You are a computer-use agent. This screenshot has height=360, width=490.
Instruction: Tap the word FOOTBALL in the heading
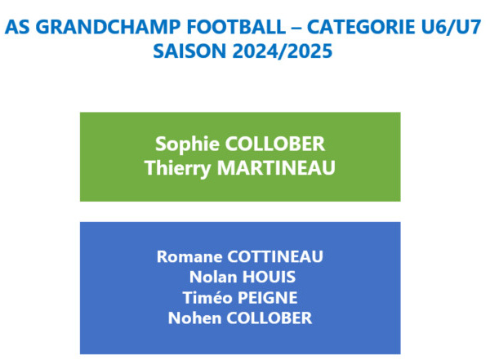(x=236, y=27)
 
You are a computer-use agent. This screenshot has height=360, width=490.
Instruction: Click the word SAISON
(x=189, y=51)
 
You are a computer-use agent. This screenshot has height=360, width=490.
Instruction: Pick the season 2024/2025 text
(x=283, y=51)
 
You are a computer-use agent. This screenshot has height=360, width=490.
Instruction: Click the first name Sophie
(x=187, y=144)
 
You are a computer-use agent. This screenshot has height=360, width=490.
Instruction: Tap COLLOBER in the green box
(x=275, y=144)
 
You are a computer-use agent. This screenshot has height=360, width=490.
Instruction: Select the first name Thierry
(x=177, y=168)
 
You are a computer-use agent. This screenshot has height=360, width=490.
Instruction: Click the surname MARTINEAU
(x=276, y=168)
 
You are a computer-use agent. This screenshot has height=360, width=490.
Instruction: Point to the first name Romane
(x=189, y=257)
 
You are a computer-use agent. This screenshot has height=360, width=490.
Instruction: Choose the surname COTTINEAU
(x=275, y=257)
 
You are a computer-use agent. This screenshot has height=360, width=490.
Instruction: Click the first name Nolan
(x=213, y=278)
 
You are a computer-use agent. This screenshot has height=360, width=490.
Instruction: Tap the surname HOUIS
(x=269, y=278)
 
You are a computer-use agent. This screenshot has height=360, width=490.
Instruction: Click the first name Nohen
(x=194, y=318)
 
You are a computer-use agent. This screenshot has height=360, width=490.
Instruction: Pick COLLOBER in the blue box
(x=269, y=318)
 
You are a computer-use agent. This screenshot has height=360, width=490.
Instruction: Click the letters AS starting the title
(x=19, y=27)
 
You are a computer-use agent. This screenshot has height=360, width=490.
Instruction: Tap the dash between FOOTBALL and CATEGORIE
(x=296, y=28)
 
